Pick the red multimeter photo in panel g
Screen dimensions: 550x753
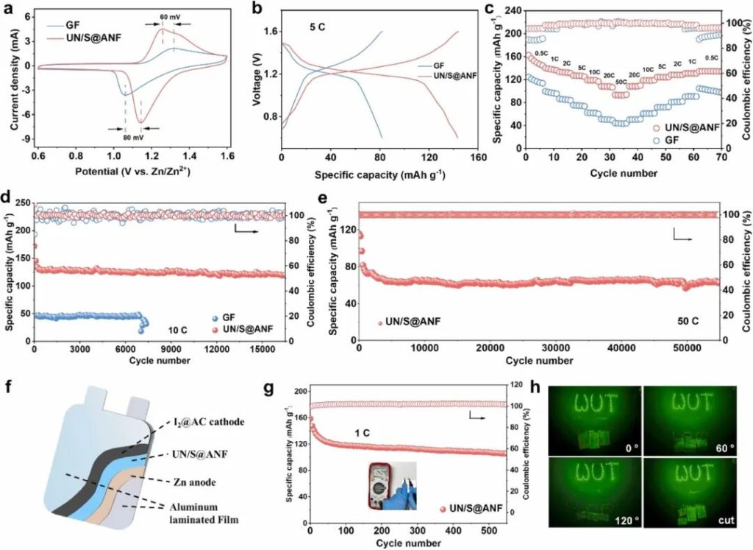pos(391,484)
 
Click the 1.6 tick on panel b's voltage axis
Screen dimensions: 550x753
pos(271,32)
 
